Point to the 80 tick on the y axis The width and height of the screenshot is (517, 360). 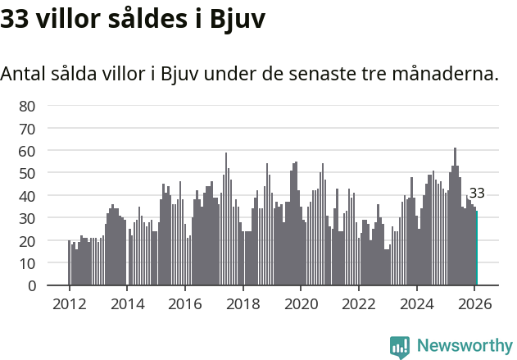coord(27,106)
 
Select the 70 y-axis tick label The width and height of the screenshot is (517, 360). coord(27,129)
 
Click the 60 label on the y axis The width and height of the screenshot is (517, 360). coord(27,151)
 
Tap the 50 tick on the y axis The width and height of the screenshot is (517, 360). coord(27,174)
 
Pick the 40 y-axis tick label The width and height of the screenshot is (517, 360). coord(27,196)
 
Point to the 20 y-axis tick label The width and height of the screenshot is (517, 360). coord(27,241)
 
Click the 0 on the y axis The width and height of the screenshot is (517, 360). coord(31,286)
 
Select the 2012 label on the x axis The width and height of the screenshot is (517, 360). coord(69,303)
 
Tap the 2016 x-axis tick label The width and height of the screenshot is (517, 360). coord(185,303)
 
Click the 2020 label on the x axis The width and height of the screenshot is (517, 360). coord(301,303)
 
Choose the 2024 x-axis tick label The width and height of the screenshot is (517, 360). coord(417,303)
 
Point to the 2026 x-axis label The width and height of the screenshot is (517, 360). coord(474,303)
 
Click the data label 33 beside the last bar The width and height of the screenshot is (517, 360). coord(477,194)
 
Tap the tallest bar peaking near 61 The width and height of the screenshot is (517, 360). coord(455,217)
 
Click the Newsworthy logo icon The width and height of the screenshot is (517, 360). coord(400,347)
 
